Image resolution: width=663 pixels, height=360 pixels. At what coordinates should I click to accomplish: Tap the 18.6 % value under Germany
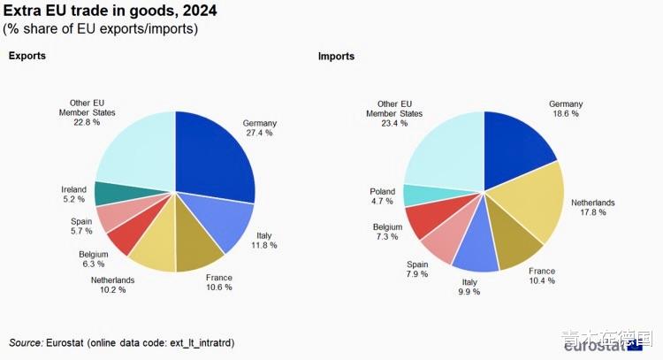point(565,114)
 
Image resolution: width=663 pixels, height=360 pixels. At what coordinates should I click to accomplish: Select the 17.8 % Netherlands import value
point(593,212)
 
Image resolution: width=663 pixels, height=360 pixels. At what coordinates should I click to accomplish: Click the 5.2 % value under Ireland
point(73,200)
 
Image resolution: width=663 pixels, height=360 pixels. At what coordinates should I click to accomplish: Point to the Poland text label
point(383,192)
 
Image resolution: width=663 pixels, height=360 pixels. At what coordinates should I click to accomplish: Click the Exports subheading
point(27,57)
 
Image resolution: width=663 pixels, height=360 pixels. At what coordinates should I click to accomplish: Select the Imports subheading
point(336,57)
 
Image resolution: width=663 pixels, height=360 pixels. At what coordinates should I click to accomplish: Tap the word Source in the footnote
point(26,342)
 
